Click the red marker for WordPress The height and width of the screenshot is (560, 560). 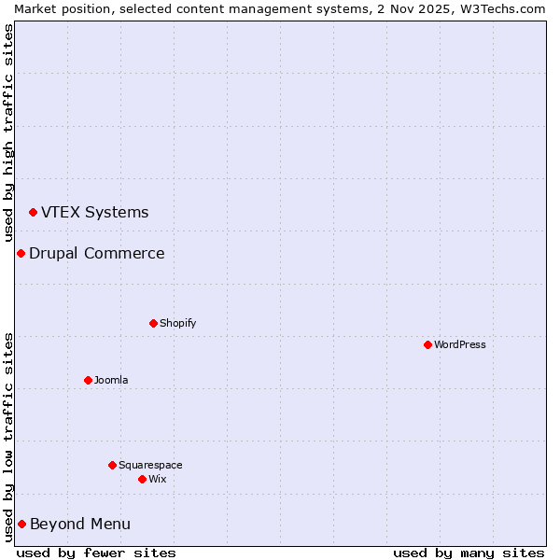(x=427, y=344)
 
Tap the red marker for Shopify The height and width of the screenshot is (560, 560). (x=153, y=323)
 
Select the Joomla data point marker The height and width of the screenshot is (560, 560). (x=88, y=380)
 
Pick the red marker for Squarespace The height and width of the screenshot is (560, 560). (x=112, y=465)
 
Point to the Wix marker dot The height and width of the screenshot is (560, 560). (x=142, y=479)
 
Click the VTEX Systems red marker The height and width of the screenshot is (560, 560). (x=33, y=213)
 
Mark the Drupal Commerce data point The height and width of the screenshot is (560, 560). (x=21, y=253)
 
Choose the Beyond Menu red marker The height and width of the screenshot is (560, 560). (x=21, y=524)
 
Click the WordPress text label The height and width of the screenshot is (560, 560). (x=460, y=344)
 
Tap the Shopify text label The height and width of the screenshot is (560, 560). (x=177, y=323)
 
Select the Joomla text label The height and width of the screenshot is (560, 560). (x=111, y=380)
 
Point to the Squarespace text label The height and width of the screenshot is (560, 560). (x=150, y=465)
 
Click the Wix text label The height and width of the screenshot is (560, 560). (x=157, y=479)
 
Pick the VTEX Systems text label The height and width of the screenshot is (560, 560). (x=94, y=212)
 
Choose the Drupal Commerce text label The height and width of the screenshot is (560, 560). (x=96, y=253)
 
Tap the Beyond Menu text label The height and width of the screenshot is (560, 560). (x=80, y=524)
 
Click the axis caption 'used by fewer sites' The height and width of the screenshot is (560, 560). (x=96, y=553)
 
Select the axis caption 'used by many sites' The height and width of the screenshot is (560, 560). (x=469, y=553)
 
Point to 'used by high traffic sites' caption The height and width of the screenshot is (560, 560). (x=8, y=133)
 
